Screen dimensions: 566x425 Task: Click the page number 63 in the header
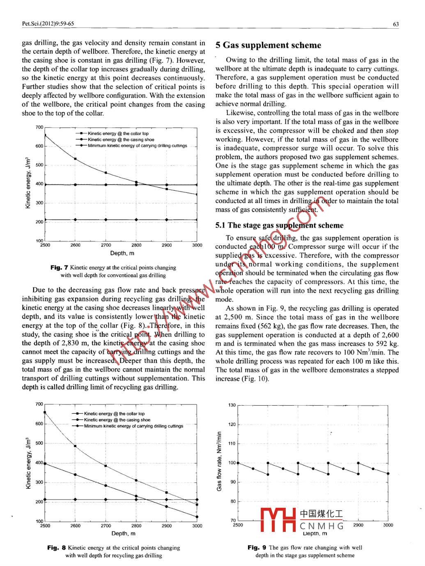(x=396, y=24)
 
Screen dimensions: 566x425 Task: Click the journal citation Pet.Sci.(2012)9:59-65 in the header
(x=48, y=24)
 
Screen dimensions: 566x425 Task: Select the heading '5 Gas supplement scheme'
(x=268, y=45)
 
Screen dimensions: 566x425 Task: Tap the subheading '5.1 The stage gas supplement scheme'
(x=279, y=225)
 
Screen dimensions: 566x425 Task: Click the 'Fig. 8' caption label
(x=56, y=548)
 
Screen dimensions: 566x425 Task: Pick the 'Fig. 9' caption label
(x=257, y=547)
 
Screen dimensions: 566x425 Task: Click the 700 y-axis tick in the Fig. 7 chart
(x=39, y=127)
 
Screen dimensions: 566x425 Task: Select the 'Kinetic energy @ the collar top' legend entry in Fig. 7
(x=118, y=133)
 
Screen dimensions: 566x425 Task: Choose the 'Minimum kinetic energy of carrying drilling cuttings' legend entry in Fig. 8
(x=133, y=426)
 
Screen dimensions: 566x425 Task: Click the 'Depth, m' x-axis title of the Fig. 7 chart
(x=122, y=253)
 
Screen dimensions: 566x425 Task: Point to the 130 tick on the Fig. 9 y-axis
(x=232, y=405)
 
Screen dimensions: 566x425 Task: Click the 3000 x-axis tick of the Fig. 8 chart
(x=197, y=525)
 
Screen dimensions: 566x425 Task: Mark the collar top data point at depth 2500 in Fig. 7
(x=45, y=135)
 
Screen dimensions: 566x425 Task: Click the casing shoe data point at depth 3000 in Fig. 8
(x=197, y=517)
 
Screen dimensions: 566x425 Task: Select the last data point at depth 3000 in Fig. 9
(x=388, y=473)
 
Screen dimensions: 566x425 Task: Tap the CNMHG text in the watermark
(x=322, y=526)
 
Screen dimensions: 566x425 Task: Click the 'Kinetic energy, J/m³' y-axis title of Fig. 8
(x=28, y=463)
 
